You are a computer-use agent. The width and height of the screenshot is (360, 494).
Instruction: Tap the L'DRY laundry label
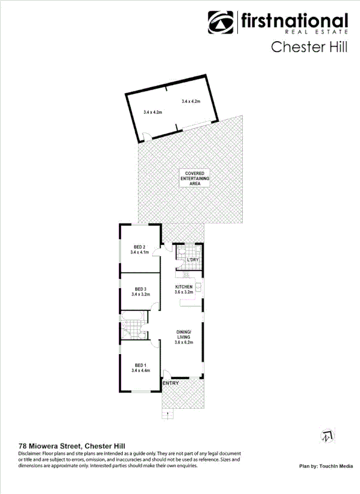(193, 259)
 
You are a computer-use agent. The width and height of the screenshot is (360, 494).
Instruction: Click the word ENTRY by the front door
(171, 383)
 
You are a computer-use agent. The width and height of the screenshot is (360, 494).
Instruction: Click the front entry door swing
(167, 373)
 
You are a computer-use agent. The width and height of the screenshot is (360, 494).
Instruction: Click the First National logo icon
(221, 22)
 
